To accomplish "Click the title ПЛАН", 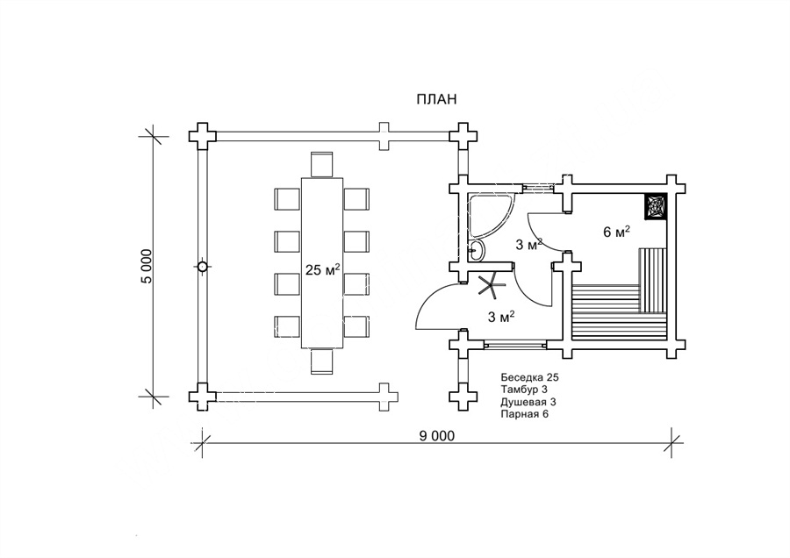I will [x=436, y=99].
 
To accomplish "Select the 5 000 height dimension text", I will [x=147, y=266].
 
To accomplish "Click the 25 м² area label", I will [x=323, y=269].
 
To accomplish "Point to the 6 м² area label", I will [x=616, y=232].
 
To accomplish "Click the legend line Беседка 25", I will [x=529, y=376].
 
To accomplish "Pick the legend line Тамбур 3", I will [x=524, y=389].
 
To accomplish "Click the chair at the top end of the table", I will [x=322, y=164].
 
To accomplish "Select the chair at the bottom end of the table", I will [x=322, y=361].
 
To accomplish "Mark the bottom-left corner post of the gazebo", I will [x=203, y=396].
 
